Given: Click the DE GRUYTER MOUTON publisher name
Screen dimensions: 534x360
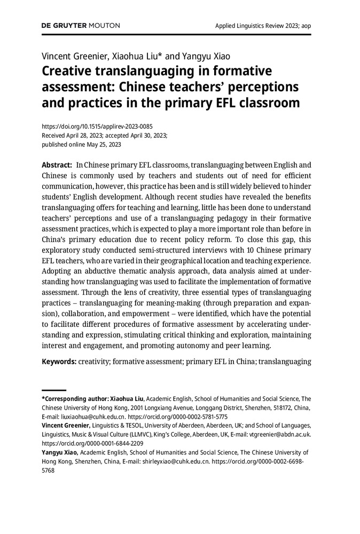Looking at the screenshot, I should [81, 25].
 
